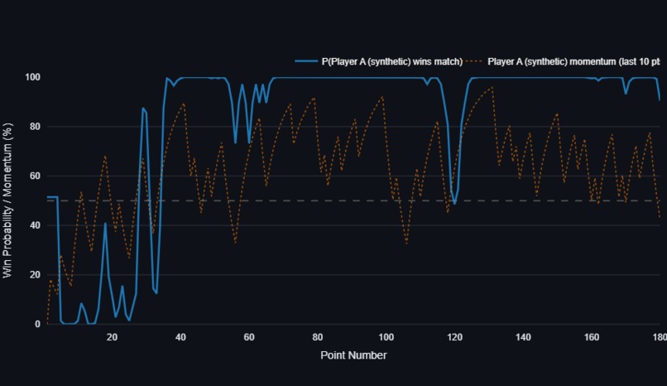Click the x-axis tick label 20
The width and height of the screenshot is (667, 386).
click(112, 337)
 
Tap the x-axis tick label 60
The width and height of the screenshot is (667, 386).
click(249, 337)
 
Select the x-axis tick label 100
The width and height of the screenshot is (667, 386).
click(386, 337)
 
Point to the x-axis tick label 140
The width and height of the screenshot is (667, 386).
click(523, 337)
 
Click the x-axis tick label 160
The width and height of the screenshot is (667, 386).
click(592, 337)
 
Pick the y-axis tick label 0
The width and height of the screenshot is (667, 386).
click(37, 324)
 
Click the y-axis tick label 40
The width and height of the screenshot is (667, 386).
click(35, 225)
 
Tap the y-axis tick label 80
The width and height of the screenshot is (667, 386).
click(35, 127)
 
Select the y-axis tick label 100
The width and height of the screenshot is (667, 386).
click(33, 77)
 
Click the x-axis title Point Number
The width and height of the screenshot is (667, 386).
click(353, 355)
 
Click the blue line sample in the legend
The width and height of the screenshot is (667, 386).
click(306, 61)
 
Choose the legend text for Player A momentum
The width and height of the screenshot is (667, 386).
click(573, 61)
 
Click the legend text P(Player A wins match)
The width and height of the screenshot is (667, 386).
click(391, 61)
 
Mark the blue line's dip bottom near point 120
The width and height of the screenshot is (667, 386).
click(454, 204)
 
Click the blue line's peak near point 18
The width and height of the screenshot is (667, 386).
click(105, 223)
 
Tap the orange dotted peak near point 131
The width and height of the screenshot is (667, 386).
click(492, 87)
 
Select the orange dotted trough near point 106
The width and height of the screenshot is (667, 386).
click(406, 243)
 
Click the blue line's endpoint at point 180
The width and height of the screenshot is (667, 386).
click(660, 100)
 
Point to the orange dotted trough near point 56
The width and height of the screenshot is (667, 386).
click(235, 242)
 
